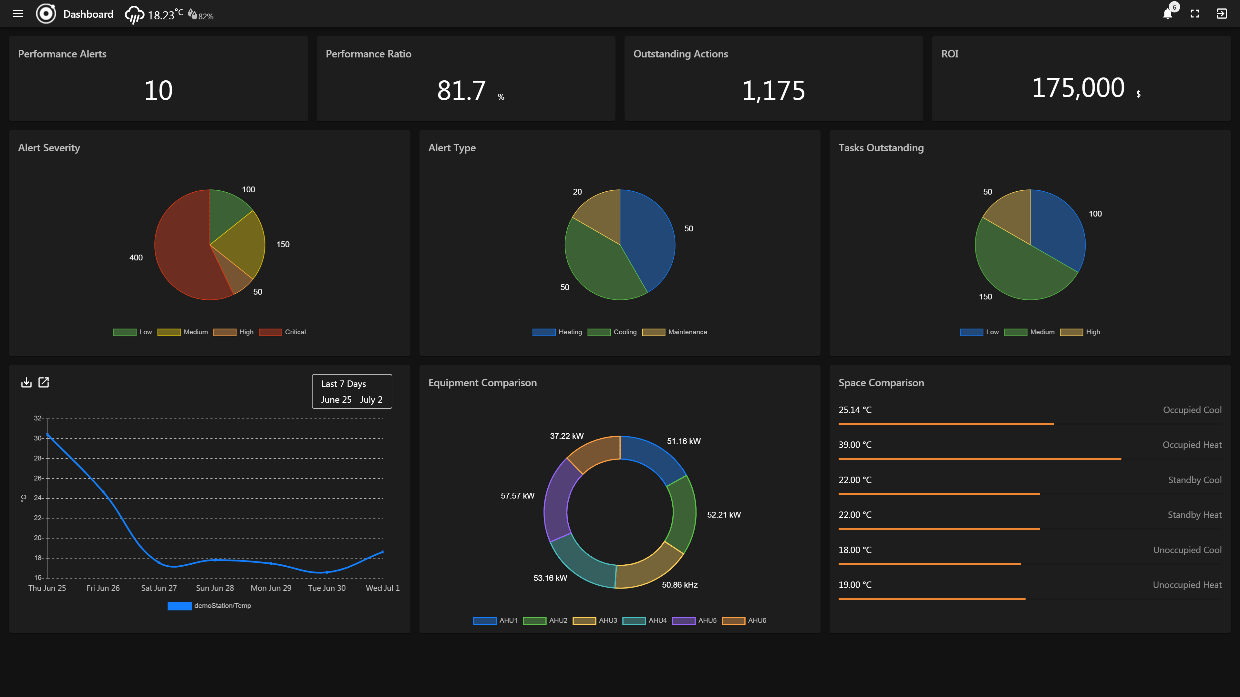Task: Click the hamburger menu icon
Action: tap(18, 14)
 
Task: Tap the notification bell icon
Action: tap(1167, 14)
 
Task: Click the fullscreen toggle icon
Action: tap(1195, 14)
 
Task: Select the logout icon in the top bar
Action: tap(1221, 14)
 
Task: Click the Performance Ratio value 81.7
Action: tap(461, 90)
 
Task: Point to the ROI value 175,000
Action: tap(1078, 88)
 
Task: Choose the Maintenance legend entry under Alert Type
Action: tap(675, 332)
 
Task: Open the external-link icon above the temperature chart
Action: tap(44, 382)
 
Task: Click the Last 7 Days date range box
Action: tap(352, 391)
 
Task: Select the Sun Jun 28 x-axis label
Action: tap(215, 588)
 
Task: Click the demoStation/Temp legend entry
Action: tap(209, 606)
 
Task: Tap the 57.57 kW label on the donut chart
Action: tap(517, 495)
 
